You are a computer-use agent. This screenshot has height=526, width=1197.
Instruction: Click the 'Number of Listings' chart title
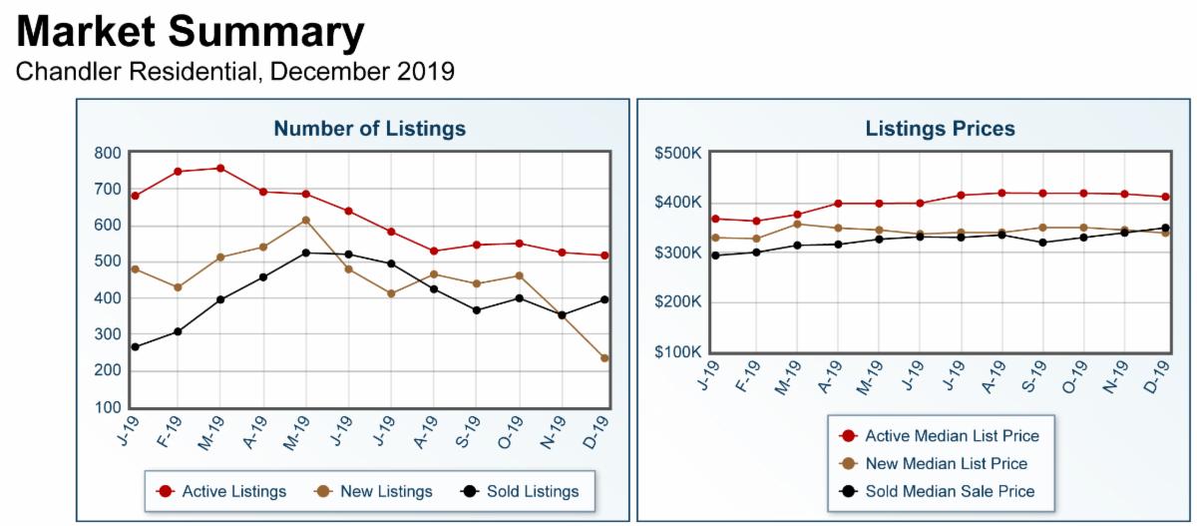369,129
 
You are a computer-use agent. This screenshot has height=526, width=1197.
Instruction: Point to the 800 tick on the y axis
109,153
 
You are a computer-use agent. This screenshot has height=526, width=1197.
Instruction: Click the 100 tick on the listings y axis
109,407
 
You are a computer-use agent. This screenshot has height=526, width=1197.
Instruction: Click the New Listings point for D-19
605,358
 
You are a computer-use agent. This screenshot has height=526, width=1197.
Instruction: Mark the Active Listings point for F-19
178,172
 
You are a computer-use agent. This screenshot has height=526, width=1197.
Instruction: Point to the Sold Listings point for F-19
178,331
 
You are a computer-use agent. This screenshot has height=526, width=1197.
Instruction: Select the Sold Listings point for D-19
605,299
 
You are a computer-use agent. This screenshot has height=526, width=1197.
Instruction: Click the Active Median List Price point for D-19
1165,197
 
